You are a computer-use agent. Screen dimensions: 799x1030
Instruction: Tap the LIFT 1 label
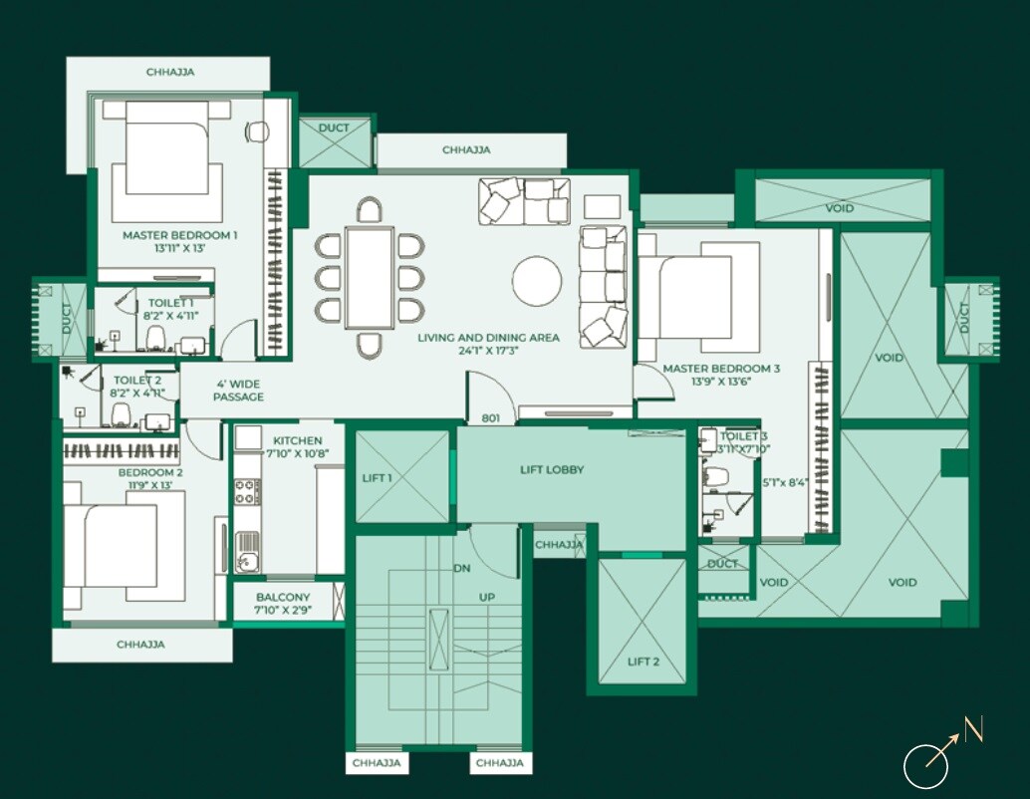(x=378, y=478)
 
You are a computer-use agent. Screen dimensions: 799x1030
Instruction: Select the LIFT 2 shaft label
(x=644, y=662)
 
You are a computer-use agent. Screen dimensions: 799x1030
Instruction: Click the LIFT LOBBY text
(x=552, y=469)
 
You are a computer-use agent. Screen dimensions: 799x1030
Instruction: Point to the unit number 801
(x=490, y=418)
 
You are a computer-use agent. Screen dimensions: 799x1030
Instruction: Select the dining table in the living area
(x=370, y=277)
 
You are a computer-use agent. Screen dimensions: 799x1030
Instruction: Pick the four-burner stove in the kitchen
(x=247, y=491)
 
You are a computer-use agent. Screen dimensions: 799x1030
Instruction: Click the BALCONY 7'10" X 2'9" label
(x=284, y=604)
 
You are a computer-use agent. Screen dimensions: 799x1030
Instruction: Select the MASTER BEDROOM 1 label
(x=180, y=241)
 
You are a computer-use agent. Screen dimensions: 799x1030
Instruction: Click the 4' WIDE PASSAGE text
(x=238, y=390)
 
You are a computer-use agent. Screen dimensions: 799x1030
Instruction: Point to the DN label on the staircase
(x=462, y=569)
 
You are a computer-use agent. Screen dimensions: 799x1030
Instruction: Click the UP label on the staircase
(x=487, y=597)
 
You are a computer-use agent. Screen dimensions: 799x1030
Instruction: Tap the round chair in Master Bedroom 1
(x=257, y=132)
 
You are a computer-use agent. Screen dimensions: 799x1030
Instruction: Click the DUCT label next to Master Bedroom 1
(x=334, y=128)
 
